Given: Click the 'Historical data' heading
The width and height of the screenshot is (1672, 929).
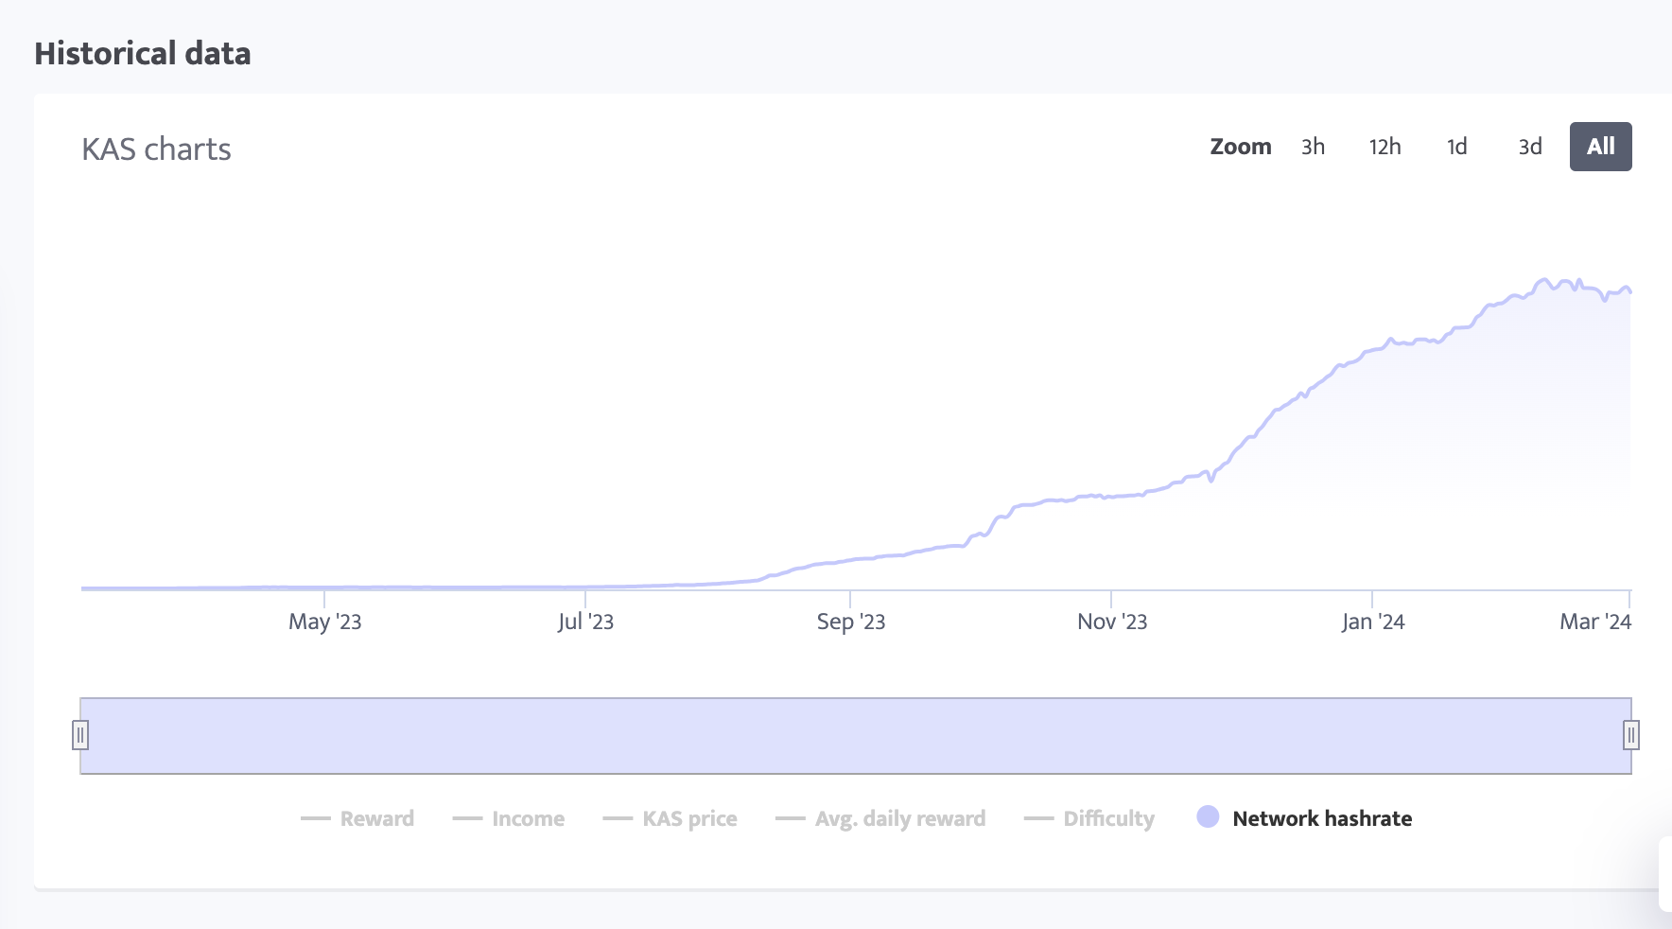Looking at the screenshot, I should click(x=143, y=54).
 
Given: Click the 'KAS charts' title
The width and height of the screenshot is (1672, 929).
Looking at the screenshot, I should click(x=156, y=149).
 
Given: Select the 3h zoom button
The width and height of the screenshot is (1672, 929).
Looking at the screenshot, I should click(x=1313, y=147).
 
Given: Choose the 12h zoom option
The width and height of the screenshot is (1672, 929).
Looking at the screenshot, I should click(x=1385, y=147).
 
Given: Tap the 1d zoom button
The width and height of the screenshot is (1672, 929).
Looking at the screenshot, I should click(x=1456, y=147).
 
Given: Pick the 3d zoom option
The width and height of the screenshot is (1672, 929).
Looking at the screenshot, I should click(x=1529, y=147).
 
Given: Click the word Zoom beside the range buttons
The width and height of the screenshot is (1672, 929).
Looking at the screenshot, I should click(x=1240, y=147).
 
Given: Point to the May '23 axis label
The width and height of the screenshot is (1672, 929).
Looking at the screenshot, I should click(x=324, y=622).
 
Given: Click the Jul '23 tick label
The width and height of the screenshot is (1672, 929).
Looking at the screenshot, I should click(x=585, y=622).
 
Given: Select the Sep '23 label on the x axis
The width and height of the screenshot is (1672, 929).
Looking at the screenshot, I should click(x=850, y=622).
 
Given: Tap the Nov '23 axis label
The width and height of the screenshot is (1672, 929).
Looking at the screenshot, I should click(x=1111, y=622).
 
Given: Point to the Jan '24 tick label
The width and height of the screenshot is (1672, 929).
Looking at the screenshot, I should click(x=1372, y=622).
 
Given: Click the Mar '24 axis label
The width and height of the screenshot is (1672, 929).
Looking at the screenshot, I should click(x=1594, y=622).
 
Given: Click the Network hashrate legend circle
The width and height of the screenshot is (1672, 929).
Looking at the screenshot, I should click(x=1208, y=817).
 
